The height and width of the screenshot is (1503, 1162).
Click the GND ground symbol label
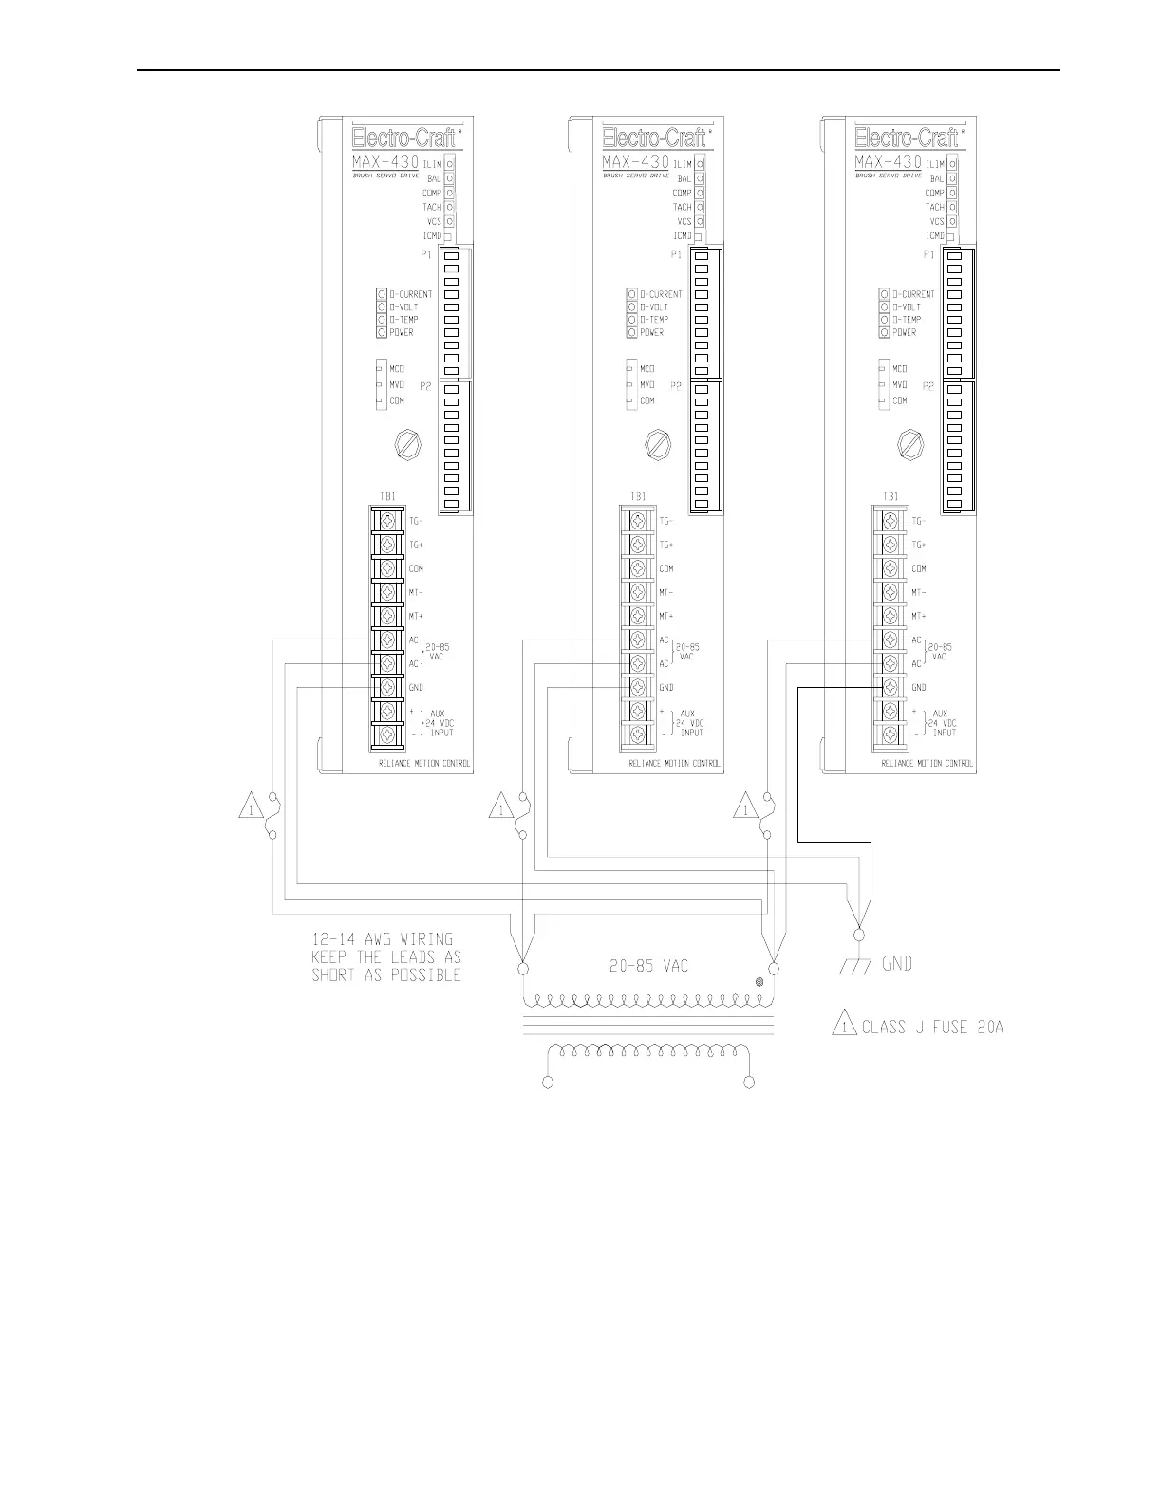(x=897, y=964)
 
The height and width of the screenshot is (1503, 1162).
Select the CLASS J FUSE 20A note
(x=931, y=1027)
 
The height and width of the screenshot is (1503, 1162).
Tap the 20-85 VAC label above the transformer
(x=648, y=966)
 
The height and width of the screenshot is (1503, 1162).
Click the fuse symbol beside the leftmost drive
(x=272, y=816)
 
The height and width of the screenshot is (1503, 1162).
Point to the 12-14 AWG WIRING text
(x=383, y=939)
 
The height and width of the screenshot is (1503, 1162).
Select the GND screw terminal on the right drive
(x=890, y=687)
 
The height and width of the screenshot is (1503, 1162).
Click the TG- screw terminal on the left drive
(x=386, y=521)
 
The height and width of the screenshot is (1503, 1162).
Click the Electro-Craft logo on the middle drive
(x=655, y=137)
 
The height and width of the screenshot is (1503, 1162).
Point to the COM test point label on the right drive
(x=899, y=400)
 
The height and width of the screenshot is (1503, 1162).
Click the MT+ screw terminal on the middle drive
(x=638, y=616)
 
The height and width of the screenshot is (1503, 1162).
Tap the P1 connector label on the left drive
(x=425, y=254)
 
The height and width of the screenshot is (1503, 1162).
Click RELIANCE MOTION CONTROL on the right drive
(x=927, y=763)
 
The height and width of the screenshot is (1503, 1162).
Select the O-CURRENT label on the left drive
(x=409, y=294)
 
